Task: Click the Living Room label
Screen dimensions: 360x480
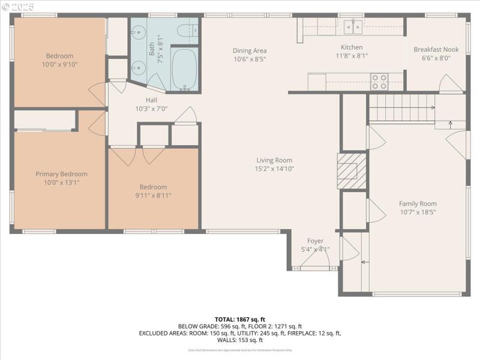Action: coord(274,160)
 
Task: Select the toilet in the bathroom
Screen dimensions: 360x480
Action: coord(184,30)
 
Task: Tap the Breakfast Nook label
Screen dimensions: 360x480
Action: coord(436,50)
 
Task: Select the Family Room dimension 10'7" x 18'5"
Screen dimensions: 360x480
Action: coord(418,212)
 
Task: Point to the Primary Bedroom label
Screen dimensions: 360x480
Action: coord(61,174)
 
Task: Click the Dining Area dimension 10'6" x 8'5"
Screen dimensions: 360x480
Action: coord(250,59)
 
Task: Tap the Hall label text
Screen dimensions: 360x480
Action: coord(151,100)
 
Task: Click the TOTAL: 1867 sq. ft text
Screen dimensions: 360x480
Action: coord(240,319)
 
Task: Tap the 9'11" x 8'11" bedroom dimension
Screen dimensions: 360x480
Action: coord(153,195)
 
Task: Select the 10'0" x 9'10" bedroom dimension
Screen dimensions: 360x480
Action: coord(59,64)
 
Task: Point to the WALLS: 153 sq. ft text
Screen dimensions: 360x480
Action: coord(240,340)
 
